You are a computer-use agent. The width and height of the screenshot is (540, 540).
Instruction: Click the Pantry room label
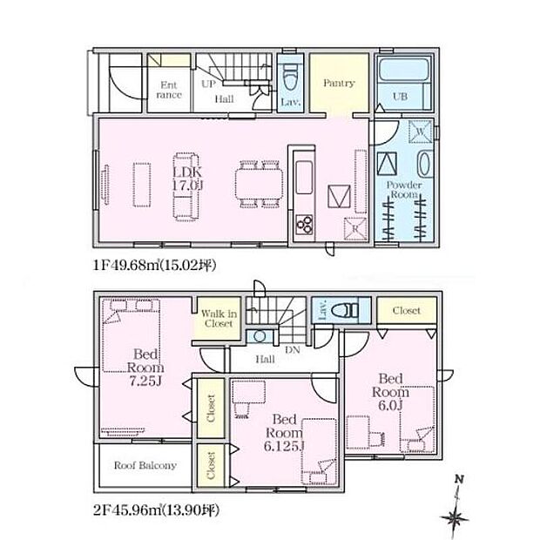(x=339, y=83)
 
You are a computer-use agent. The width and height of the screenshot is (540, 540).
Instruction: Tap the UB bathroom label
(x=400, y=96)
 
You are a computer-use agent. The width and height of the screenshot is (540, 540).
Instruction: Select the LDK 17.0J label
(x=187, y=179)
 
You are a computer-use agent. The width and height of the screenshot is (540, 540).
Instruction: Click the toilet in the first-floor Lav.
(x=290, y=78)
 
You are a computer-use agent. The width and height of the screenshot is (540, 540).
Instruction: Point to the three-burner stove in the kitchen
(x=305, y=225)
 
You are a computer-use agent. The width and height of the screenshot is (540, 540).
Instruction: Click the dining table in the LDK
(x=260, y=184)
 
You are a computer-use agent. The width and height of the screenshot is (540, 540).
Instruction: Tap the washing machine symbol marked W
(x=421, y=132)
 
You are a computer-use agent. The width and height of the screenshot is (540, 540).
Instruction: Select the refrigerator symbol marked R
(x=355, y=228)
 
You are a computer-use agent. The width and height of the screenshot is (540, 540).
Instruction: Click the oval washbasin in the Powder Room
(x=424, y=164)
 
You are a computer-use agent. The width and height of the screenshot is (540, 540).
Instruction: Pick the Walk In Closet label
(x=219, y=318)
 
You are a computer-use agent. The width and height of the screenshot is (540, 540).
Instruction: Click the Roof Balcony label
(x=145, y=465)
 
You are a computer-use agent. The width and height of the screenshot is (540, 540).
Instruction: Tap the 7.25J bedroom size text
(x=145, y=381)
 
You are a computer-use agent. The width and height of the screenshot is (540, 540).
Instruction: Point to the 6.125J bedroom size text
(x=284, y=446)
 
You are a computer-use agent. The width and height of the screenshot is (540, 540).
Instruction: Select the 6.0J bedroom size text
(x=390, y=405)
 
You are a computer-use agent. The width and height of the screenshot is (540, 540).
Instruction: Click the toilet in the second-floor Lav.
(x=345, y=310)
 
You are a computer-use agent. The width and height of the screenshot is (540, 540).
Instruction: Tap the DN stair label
(x=293, y=350)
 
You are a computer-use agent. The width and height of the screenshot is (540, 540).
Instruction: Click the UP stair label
(x=208, y=84)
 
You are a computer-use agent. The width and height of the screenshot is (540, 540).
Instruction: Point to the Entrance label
(x=169, y=90)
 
